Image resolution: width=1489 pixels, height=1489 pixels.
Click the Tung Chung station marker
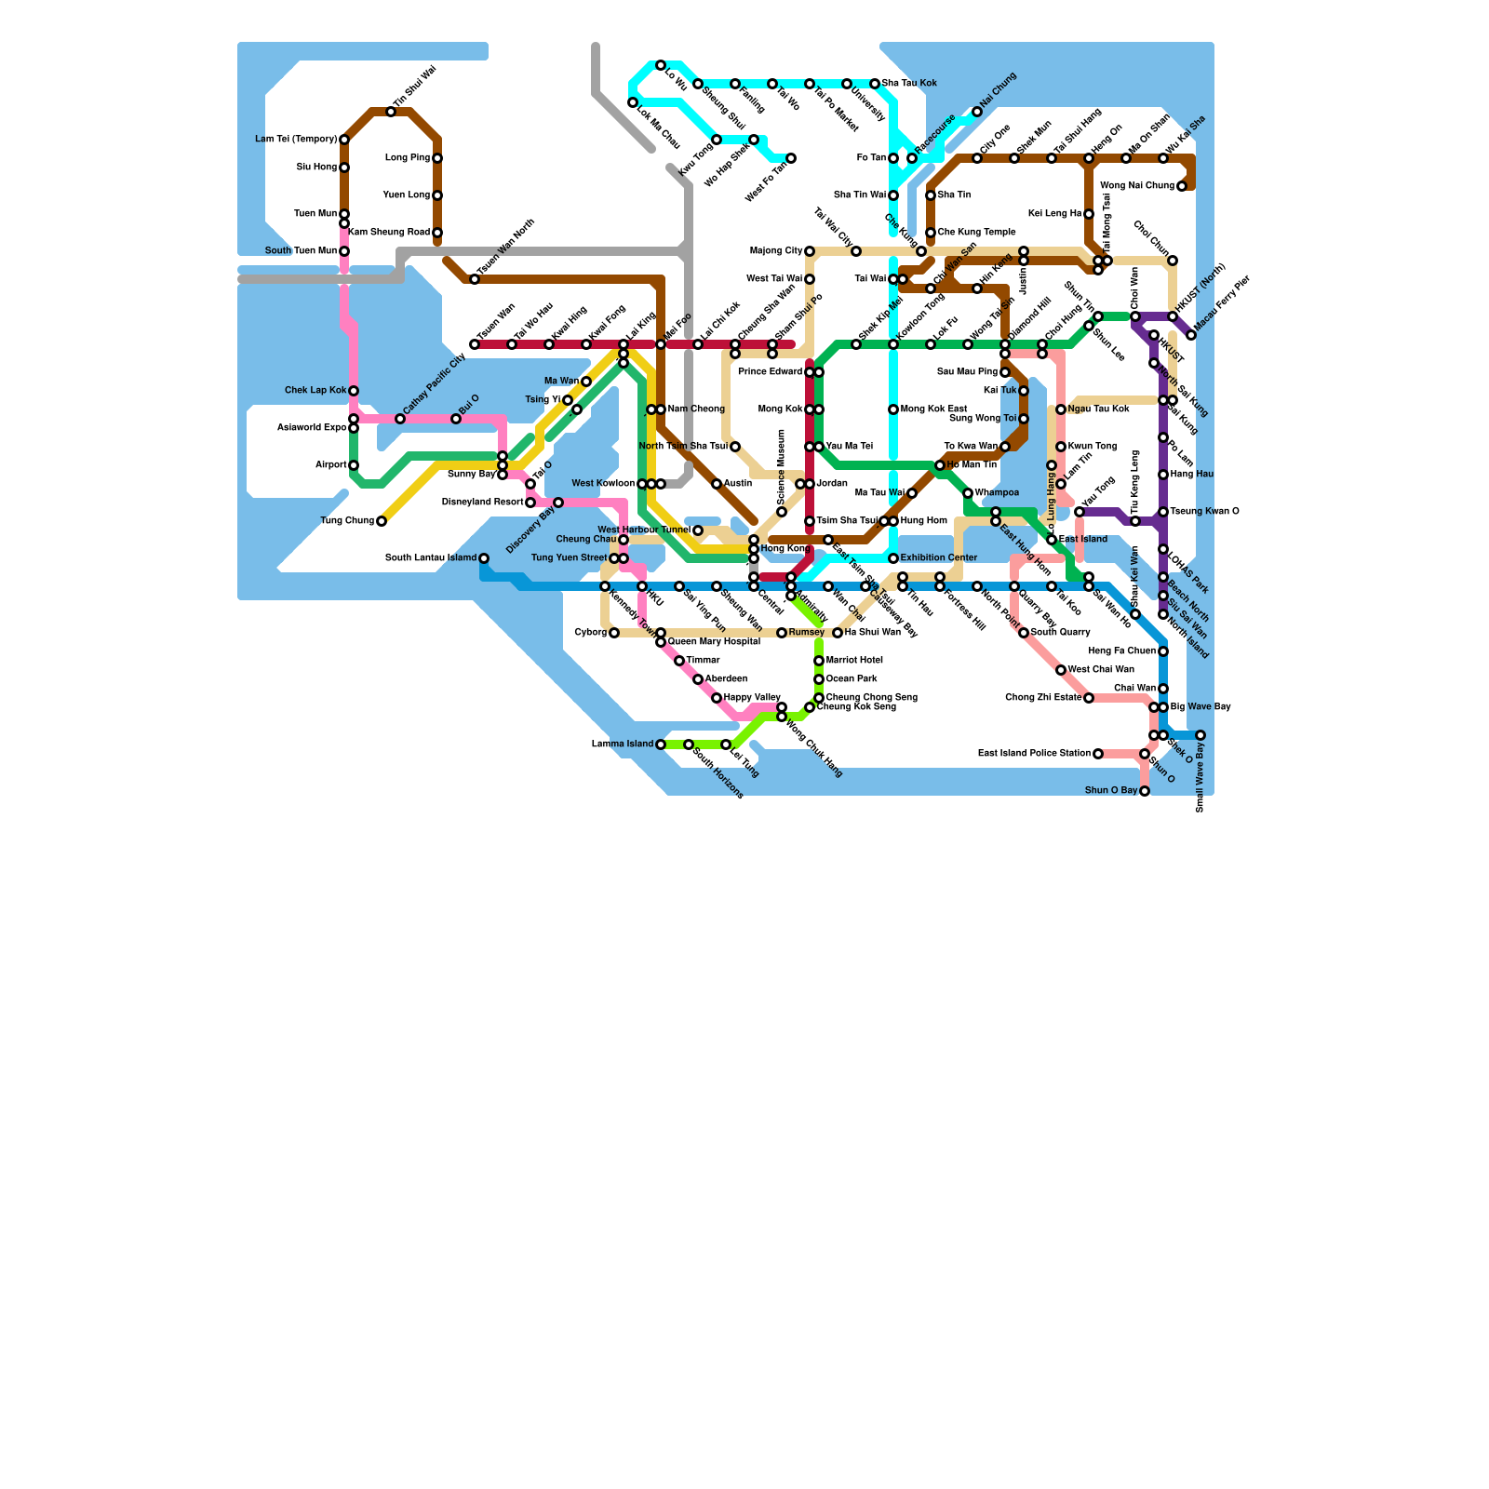click(382, 521)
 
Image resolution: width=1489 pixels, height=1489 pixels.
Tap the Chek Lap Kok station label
click(315, 391)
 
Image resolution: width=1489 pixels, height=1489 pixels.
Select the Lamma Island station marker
click(661, 744)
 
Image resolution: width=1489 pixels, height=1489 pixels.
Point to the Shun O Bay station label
click(1111, 791)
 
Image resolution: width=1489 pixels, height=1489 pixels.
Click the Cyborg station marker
click(614, 633)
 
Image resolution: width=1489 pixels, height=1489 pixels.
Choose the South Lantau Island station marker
click(484, 558)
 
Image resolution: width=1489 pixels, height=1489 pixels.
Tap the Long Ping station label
click(407, 158)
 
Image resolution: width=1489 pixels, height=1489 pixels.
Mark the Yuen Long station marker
click(437, 195)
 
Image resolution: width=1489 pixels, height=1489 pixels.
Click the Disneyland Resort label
click(482, 503)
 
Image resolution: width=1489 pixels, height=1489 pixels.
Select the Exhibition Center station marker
click(893, 558)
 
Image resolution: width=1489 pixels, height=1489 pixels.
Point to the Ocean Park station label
click(852, 679)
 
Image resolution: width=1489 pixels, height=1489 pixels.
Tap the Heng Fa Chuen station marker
click(1163, 651)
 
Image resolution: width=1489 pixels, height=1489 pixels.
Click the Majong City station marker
click(810, 251)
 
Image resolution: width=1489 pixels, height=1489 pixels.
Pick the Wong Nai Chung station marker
click(1182, 186)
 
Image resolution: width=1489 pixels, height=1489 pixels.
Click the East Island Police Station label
click(1034, 754)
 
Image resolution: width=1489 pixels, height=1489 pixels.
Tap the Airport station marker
click(354, 465)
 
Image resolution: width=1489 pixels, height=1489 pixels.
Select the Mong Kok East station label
click(934, 409)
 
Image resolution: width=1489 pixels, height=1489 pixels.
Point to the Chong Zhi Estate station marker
click(1089, 698)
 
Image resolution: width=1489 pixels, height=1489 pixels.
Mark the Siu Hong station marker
click(344, 168)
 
